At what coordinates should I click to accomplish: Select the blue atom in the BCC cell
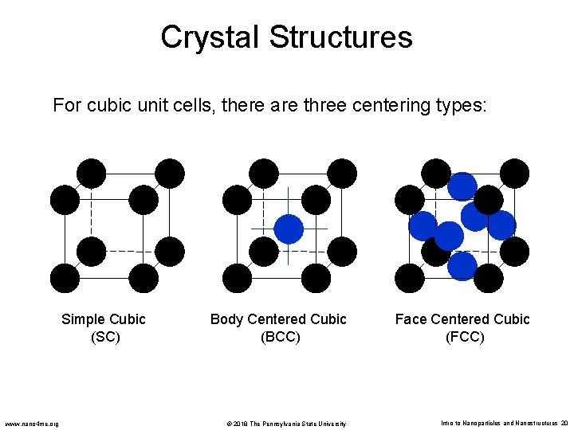coord(289,229)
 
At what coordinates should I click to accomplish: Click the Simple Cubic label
coord(104,319)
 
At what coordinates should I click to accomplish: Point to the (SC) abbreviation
coord(104,337)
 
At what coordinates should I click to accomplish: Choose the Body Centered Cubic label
coord(278,319)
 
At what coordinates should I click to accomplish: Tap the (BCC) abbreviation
coord(280,337)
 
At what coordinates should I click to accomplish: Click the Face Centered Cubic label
coord(462,319)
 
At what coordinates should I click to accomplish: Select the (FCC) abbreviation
coord(464,337)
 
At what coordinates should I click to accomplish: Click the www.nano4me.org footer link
coord(32,424)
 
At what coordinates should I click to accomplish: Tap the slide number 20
coord(563,424)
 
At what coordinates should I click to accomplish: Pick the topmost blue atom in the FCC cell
coord(462,186)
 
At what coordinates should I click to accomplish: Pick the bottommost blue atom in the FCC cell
coord(462,265)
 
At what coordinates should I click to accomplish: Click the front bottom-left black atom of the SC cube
coord(65,278)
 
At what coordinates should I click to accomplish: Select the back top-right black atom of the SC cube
coord(170,173)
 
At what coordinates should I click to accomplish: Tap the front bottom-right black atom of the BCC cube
coord(316,278)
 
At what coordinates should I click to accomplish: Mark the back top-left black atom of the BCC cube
coord(264,173)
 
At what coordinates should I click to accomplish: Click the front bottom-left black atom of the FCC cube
coord(410,278)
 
